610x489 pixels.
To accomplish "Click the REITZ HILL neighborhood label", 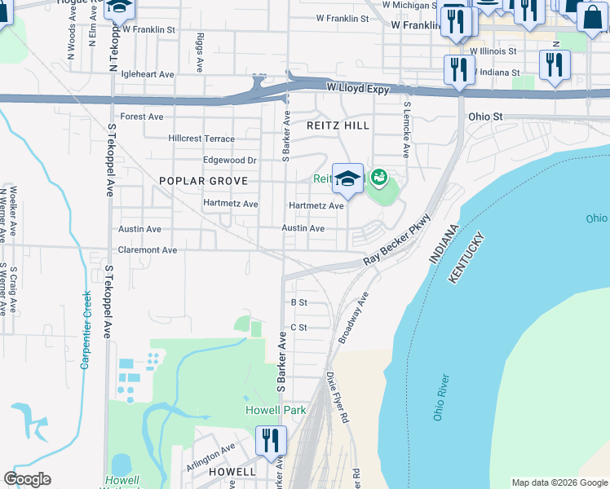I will tap(338, 126).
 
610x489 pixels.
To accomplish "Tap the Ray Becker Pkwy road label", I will tap(396, 242).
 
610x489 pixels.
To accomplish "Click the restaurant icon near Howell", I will tap(271, 441).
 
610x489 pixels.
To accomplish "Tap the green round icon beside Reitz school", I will tap(378, 176).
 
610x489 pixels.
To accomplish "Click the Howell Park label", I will tap(276, 410).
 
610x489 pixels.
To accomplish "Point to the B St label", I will tap(298, 302).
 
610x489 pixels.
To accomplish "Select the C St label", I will tap(298, 328).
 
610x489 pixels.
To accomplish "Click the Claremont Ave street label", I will tap(148, 250).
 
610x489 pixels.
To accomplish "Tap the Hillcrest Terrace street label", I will tap(201, 139).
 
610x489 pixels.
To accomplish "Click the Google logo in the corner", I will tap(27, 479).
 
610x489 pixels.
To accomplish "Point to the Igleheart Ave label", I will tap(148, 74).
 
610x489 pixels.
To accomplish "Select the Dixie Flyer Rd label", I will tap(338, 399).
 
